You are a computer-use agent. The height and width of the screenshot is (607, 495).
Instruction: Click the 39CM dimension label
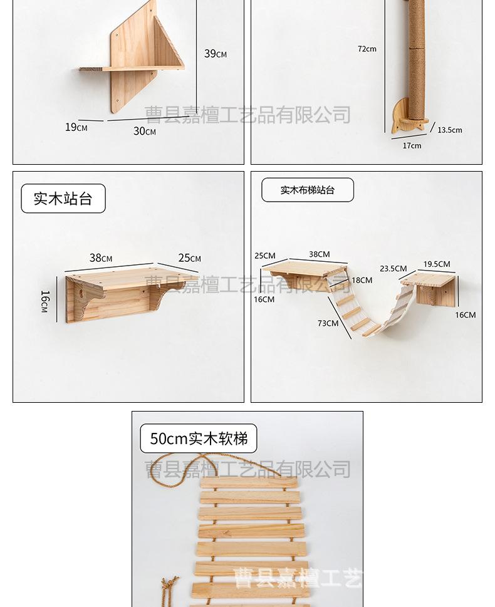(x=216, y=53)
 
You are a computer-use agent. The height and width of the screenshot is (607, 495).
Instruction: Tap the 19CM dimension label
(x=76, y=127)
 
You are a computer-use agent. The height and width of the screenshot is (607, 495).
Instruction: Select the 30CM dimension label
(x=145, y=131)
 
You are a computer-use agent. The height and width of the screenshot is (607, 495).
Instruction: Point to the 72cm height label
(x=367, y=49)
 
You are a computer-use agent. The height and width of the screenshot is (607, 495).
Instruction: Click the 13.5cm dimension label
(x=450, y=130)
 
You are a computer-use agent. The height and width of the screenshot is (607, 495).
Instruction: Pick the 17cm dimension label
(x=412, y=145)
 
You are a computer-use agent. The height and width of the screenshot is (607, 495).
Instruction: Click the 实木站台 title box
(x=63, y=199)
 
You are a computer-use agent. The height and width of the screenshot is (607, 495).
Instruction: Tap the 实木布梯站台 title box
(x=308, y=190)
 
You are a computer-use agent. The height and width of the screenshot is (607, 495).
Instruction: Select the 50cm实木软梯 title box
(x=198, y=438)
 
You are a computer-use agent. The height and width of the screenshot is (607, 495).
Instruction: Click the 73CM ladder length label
(x=328, y=323)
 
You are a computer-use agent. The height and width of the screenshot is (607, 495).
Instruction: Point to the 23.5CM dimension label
(x=393, y=269)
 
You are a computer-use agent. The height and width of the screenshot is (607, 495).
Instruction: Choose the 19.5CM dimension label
(x=437, y=264)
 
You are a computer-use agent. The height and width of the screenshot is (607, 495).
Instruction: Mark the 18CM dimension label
(x=362, y=280)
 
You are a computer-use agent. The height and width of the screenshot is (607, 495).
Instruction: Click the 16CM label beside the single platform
(x=44, y=301)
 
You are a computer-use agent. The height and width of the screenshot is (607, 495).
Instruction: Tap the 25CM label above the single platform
(x=189, y=258)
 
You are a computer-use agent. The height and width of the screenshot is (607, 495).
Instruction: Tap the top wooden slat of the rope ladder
(x=249, y=482)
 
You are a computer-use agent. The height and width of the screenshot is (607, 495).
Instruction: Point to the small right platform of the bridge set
(x=429, y=288)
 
